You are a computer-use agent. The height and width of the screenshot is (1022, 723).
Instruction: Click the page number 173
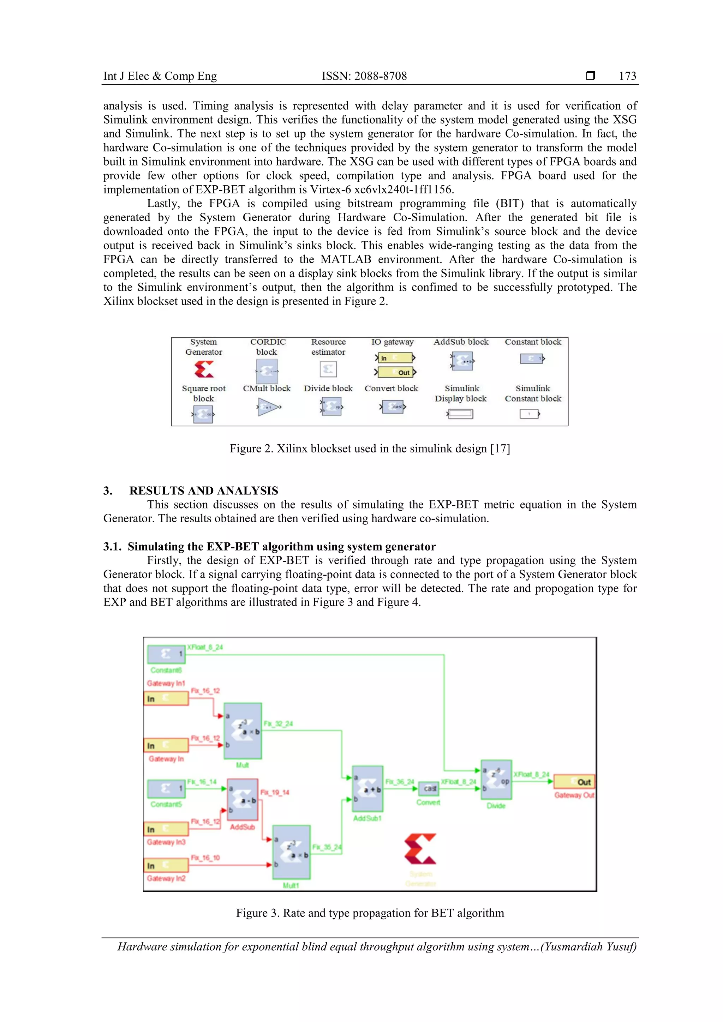click(x=627, y=76)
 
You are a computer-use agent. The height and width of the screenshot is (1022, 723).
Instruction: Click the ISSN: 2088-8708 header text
click(x=364, y=76)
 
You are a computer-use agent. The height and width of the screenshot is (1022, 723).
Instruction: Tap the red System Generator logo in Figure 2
click(x=204, y=369)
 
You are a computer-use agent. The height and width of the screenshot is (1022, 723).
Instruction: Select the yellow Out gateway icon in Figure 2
click(x=395, y=372)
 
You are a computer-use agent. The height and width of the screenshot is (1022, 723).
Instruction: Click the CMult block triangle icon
click(x=268, y=407)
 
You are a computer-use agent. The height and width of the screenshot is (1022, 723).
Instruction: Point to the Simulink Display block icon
click(x=460, y=414)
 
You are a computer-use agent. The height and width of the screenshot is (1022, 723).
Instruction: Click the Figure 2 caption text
click(x=370, y=448)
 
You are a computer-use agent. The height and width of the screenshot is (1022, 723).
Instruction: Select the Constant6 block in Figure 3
click(x=166, y=654)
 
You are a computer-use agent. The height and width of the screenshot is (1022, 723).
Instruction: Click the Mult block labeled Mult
click(x=243, y=731)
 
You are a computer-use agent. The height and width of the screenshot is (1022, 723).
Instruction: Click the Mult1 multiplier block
click(x=291, y=852)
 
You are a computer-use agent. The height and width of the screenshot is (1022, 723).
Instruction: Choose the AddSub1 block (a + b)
click(x=367, y=789)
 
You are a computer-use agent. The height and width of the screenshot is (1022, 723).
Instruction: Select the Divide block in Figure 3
click(x=496, y=780)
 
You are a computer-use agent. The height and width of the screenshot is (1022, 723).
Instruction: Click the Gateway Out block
click(x=574, y=782)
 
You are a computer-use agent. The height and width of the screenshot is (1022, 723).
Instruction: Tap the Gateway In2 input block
click(x=166, y=865)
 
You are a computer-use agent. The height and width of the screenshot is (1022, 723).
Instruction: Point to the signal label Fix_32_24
click(x=278, y=724)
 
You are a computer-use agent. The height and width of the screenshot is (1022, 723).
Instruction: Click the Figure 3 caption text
click(x=370, y=913)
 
